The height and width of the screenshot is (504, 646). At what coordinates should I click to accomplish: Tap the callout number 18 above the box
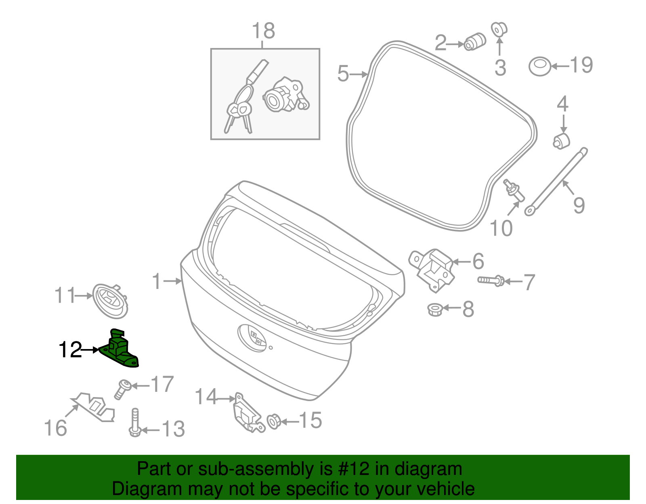click(x=263, y=31)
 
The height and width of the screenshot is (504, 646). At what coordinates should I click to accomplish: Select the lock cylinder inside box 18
click(x=285, y=95)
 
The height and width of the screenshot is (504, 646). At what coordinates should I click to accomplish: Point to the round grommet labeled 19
click(x=539, y=66)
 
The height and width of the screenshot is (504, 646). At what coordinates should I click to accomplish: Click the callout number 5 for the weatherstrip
click(x=343, y=74)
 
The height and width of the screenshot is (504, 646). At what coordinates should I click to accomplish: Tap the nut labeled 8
click(x=434, y=310)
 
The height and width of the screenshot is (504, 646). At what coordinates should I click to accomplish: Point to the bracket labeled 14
click(x=246, y=414)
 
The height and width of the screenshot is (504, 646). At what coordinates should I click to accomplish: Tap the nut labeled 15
click(x=274, y=422)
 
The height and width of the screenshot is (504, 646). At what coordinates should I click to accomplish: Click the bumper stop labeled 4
click(x=561, y=140)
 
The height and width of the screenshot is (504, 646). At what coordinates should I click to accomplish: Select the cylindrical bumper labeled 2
click(x=474, y=41)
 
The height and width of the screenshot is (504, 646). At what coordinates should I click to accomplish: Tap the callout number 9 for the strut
click(x=579, y=205)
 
